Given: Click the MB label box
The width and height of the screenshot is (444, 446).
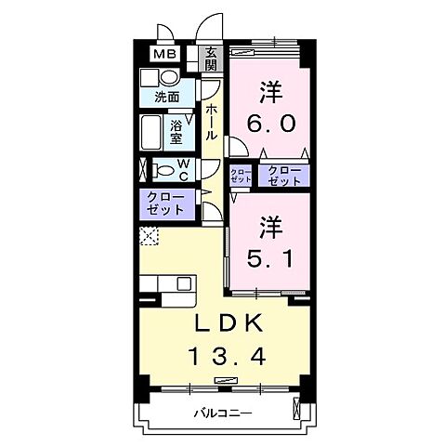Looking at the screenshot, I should coord(163,54).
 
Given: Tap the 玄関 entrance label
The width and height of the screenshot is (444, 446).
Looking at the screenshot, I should coord(211,59).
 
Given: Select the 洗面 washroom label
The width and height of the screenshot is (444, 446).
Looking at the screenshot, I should coord(167,95).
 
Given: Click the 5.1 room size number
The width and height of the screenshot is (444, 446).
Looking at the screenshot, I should coord(270,257).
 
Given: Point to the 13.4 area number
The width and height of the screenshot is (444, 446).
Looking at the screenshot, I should coord(229,355).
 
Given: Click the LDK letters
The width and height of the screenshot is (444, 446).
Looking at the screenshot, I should coord(229,323).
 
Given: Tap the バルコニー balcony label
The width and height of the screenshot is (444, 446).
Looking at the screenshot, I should coord(223,412).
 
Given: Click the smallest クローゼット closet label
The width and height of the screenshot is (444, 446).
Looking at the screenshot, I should coord(241,175).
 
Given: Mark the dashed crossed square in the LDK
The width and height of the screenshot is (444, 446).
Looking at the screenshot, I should coord(149,235).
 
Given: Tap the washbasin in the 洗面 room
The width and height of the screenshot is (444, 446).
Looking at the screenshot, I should coord(150,78).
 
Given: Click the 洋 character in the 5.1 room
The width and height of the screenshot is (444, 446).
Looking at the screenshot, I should coord(270,226).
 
